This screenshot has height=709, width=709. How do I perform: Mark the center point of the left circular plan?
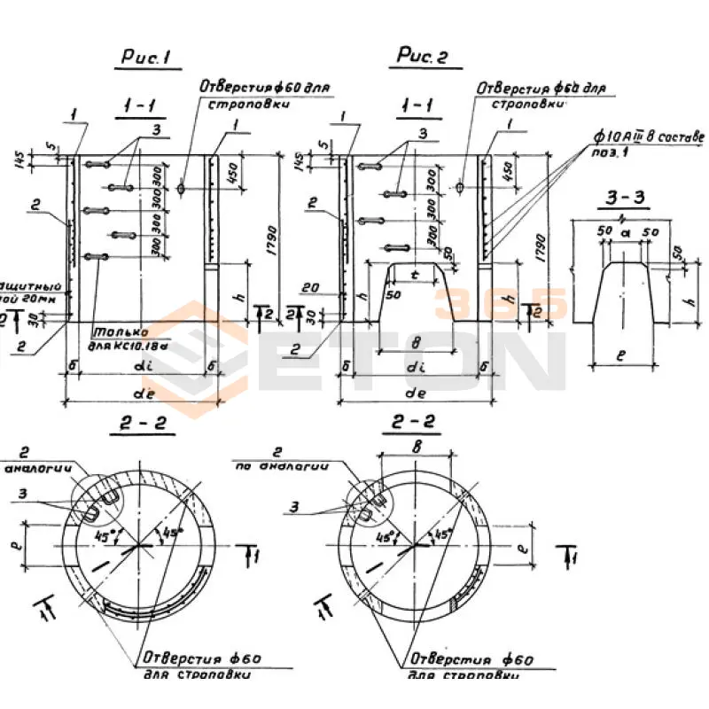pyautogui.click(x=140, y=549)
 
